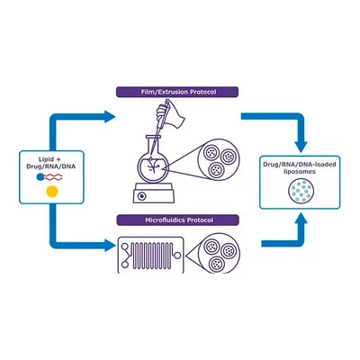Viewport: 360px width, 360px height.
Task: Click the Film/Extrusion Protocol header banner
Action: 177,92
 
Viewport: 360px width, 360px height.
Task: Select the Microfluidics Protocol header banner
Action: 177,220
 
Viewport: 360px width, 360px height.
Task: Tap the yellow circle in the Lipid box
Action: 52,192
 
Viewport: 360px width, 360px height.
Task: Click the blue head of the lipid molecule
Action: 40,177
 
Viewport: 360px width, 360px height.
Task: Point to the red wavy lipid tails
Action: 53,177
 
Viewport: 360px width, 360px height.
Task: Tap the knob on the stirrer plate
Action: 142,196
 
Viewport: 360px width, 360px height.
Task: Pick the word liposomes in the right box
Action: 300,172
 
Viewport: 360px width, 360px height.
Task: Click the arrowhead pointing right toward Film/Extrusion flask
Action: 110,116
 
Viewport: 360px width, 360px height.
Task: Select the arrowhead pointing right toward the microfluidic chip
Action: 110,245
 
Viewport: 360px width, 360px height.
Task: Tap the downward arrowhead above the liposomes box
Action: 301,147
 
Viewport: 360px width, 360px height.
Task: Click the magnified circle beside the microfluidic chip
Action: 220,254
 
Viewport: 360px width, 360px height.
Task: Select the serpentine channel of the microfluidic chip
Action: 152,256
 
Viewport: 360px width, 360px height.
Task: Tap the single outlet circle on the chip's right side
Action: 177,256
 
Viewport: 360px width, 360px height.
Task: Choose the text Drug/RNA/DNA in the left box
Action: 51,166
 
